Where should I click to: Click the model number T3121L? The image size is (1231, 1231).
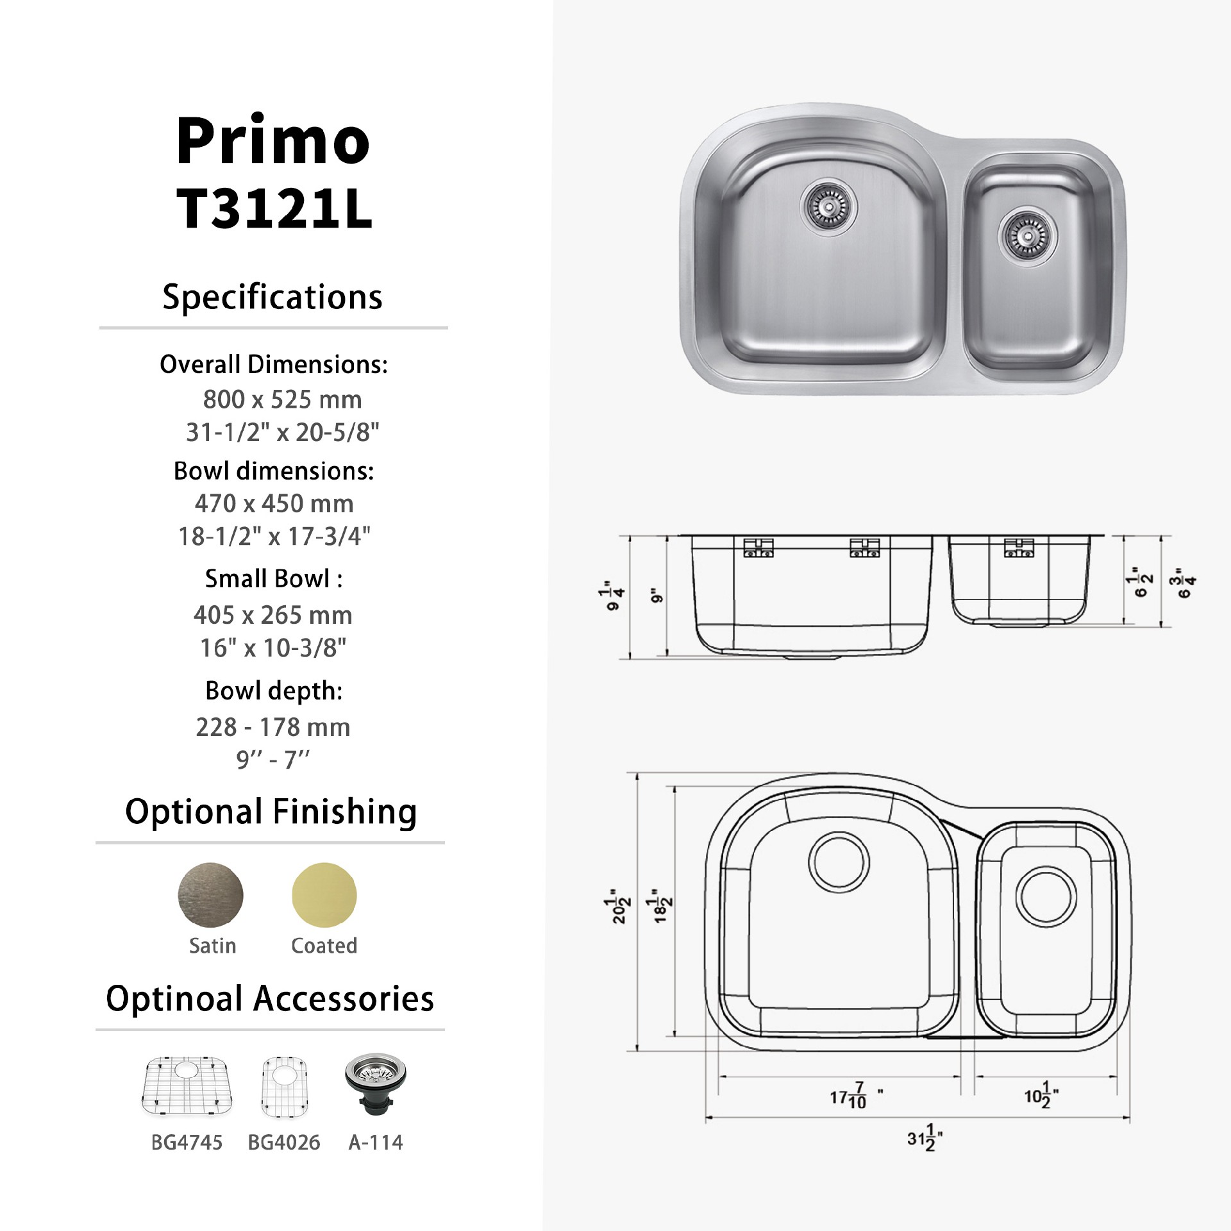pyautogui.click(x=274, y=210)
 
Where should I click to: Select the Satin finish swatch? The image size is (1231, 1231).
pyautogui.click(x=211, y=895)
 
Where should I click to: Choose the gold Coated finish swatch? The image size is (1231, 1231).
pyautogui.click(x=324, y=895)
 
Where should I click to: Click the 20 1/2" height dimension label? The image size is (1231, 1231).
pyautogui.click(x=617, y=905)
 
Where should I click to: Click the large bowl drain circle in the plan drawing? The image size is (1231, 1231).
pyautogui.click(x=840, y=861)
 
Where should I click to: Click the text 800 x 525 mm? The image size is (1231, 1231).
pyautogui.click(x=282, y=399)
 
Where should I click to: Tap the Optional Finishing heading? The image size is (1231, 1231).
pyautogui.click(x=271, y=812)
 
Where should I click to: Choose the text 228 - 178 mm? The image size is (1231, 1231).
pyautogui.click(x=273, y=728)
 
